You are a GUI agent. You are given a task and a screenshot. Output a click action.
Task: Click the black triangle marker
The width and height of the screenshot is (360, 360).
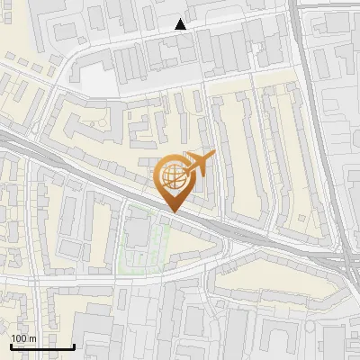tap(182, 25)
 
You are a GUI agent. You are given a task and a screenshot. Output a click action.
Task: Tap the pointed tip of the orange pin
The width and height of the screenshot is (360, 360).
tap(173, 211)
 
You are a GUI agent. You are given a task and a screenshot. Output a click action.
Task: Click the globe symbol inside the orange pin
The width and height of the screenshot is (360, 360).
tap(173, 175)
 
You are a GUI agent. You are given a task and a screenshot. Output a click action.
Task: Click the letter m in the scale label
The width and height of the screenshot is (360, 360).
tap(32, 338)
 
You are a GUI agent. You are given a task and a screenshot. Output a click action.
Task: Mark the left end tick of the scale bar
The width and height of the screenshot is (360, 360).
tap(11, 346)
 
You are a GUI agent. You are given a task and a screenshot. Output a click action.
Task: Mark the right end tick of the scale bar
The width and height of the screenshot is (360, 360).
tap(74, 346)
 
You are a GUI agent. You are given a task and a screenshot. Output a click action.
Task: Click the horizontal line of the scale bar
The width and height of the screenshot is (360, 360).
tap(42, 347)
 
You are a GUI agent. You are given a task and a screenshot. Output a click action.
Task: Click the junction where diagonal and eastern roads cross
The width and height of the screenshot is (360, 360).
tap(340, 261)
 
